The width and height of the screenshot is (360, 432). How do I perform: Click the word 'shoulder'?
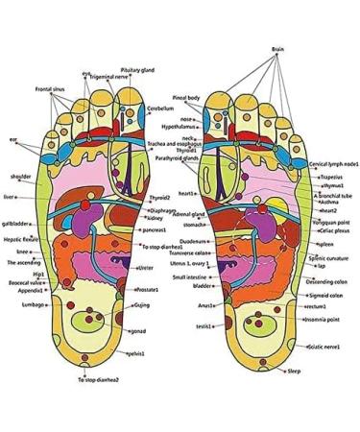click(x=20, y=176)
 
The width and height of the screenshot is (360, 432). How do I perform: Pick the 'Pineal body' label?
click(x=186, y=98)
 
